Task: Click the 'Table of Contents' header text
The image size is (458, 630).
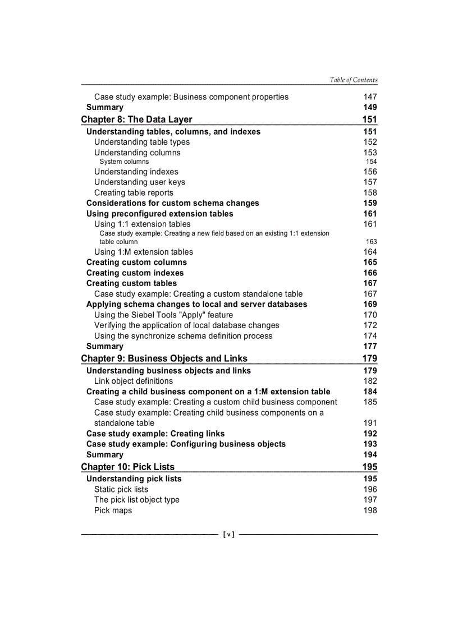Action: pos(354,80)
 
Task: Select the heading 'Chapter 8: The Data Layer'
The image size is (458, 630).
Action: pos(136,119)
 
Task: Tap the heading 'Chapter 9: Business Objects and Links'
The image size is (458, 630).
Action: pos(164,358)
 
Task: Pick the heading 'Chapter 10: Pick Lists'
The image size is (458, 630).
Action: pos(127,467)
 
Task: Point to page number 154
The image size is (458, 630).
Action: pos(371,162)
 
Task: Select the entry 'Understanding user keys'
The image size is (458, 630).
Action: pos(139,182)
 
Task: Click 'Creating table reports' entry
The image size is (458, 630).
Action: pos(134,192)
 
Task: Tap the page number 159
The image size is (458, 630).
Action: pos(370,203)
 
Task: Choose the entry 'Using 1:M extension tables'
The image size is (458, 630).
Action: pos(143,252)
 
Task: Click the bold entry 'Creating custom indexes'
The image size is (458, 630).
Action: pos(135,273)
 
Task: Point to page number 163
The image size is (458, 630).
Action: pos(371,242)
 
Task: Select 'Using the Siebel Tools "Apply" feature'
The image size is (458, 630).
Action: pos(163,315)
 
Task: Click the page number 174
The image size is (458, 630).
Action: pos(370,335)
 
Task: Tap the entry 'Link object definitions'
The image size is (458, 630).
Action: pos(133,381)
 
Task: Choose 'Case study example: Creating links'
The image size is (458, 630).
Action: pos(155,434)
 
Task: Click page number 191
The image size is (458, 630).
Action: pos(370,423)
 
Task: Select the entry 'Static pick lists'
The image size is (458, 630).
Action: pos(121,489)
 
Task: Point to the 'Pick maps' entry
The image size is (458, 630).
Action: pos(113,511)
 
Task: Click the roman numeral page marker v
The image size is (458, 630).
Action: pos(228,535)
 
